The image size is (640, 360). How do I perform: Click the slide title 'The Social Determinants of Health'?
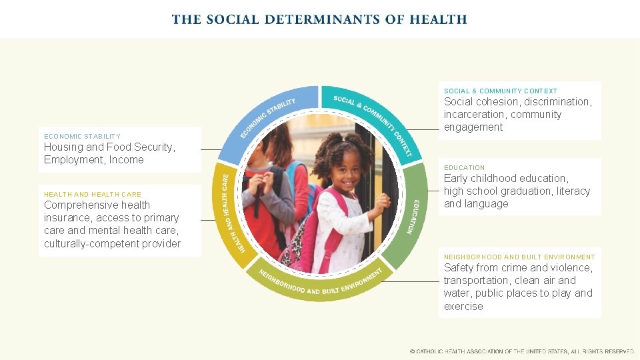319,19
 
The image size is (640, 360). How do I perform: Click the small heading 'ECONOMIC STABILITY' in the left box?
82,136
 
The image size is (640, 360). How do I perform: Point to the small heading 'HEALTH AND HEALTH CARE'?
93,195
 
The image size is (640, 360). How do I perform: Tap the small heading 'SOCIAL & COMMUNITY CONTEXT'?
500,91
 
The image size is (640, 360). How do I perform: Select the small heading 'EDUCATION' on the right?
464,167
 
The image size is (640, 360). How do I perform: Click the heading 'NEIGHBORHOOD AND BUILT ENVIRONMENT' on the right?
519,257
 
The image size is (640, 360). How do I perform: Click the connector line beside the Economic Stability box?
212,150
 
